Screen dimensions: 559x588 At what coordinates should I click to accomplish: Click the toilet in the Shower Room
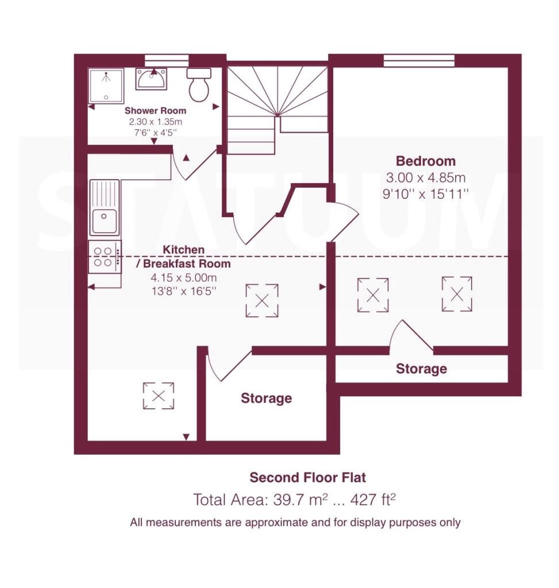199,85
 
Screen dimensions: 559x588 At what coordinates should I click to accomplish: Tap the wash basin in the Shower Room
151,79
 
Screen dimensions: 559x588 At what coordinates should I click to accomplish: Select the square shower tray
106,86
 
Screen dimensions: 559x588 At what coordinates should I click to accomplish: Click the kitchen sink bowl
104,221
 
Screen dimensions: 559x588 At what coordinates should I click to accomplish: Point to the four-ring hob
105,257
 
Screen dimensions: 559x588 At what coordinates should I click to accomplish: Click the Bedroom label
426,161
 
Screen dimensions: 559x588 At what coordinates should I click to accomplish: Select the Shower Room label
155,111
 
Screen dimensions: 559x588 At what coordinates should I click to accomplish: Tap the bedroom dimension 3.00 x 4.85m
426,177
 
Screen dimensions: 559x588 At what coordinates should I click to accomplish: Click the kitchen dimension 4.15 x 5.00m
183,278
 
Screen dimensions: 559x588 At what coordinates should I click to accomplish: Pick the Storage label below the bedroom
421,369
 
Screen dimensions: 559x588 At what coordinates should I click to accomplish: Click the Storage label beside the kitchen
267,398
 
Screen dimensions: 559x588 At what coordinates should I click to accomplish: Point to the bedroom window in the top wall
419,60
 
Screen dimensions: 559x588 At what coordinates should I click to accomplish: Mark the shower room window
167,60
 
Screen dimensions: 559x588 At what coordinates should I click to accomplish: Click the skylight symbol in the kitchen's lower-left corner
159,396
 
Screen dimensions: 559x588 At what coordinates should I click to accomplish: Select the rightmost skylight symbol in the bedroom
457,294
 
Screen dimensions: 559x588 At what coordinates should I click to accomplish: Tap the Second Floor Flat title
307,477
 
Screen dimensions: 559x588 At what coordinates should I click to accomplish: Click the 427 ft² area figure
373,500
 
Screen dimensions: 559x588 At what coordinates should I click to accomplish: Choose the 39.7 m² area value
300,500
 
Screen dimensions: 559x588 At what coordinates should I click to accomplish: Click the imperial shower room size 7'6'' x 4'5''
155,133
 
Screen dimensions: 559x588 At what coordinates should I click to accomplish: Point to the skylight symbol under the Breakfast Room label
262,300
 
